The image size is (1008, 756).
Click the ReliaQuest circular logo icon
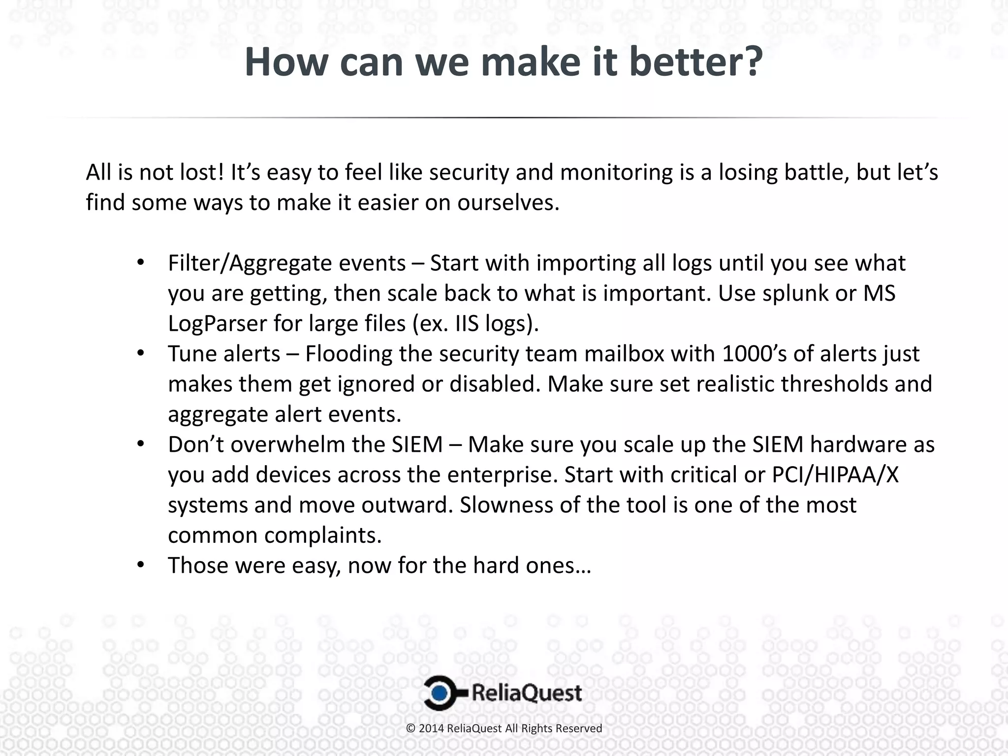(441, 693)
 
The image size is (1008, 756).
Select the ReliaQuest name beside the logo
(527, 693)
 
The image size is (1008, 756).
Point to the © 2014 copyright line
(504, 728)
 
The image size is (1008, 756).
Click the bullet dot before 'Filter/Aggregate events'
(141, 262)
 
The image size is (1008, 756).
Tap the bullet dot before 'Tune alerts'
(141, 353)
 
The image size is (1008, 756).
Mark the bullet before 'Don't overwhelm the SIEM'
(141, 444)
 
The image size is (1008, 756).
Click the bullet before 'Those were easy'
(141, 565)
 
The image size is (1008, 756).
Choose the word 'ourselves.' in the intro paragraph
(508, 203)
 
